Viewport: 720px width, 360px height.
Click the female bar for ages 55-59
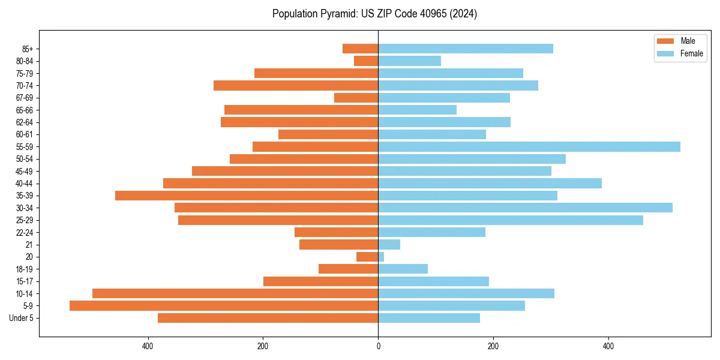coord(529,147)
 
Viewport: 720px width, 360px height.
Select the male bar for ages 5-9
coord(224,306)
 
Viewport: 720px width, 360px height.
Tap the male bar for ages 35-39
coord(247,196)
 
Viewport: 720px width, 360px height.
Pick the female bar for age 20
coord(381,257)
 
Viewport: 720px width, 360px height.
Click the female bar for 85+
coord(466,49)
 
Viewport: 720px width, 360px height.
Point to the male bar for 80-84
coord(366,61)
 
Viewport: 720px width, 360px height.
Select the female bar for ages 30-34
coord(525,208)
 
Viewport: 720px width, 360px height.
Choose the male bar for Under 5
coord(268,318)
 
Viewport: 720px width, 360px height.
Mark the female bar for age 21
coord(389,245)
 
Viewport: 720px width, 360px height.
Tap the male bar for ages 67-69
coord(356,98)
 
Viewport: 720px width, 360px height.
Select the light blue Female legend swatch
coord(666,53)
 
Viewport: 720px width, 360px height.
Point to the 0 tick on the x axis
coord(378,346)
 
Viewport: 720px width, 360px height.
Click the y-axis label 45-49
coord(25,172)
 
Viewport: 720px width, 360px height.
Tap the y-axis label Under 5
coord(22,318)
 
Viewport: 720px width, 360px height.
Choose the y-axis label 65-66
coord(25,110)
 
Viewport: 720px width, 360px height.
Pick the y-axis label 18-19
coord(25,269)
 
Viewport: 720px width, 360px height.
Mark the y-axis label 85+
coord(28,49)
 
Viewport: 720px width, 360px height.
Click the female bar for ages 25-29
coord(511,220)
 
